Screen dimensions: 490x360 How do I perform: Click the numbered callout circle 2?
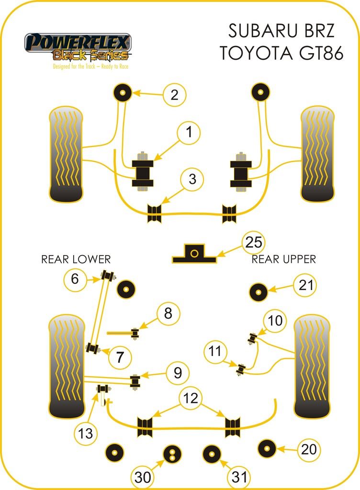click(x=174, y=94)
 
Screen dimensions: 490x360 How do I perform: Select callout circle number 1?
click(x=189, y=133)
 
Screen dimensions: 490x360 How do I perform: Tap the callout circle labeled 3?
click(x=192, y=180)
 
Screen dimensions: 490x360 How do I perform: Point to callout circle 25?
click(x=253, y=243)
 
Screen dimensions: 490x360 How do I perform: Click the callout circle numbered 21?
click(x=306, y=286)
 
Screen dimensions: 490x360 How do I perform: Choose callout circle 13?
click(x=86, y=434)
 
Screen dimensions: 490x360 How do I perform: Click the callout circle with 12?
click(x=191, y=398)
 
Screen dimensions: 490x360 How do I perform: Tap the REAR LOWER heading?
click(x=76, y=259)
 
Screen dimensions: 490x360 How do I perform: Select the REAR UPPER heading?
click(x=284, y=259)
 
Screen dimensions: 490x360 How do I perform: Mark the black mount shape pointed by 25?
click(x=194, y=254)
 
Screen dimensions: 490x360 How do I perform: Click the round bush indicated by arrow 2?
click(x=123, y=91)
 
